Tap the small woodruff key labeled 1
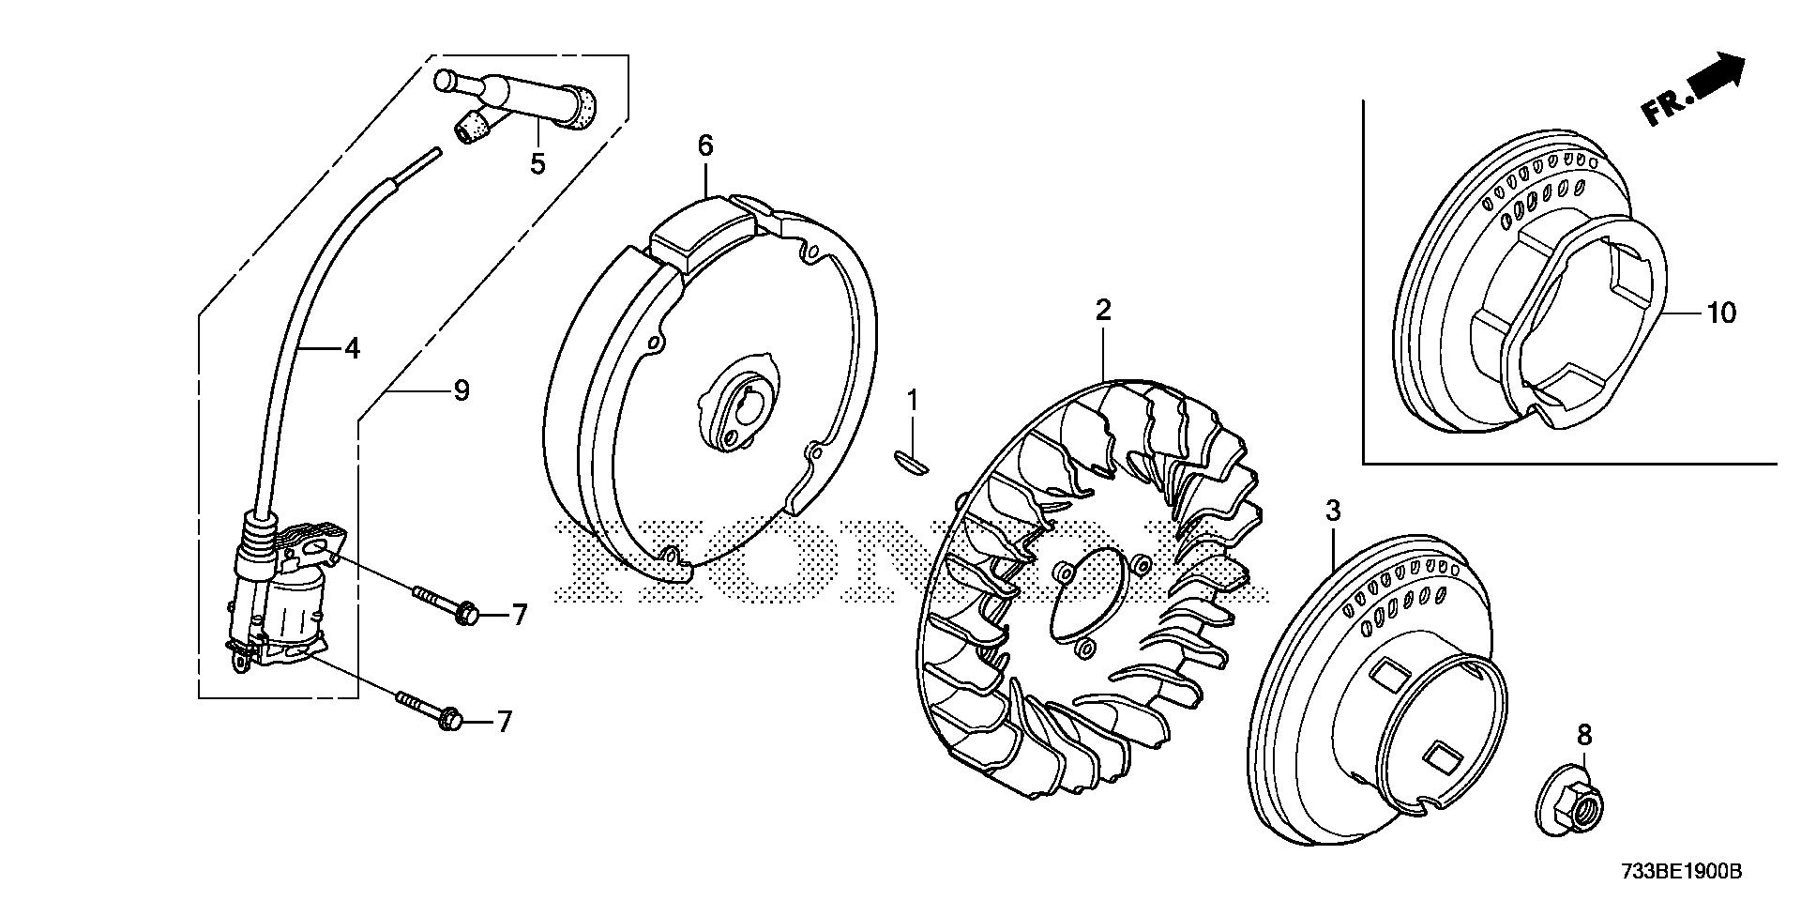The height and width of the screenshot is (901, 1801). pyautogui.click(x=908, y=463)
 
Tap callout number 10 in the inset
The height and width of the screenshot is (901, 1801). pyautogui.click(x=1721, y=313)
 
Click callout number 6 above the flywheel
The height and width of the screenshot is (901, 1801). pyautogui.click(x=705, y=145)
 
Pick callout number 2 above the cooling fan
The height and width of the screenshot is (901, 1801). pyautogui.click(x=1103, y=310)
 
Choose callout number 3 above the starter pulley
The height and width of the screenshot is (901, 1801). pyautogui.click(x=1332, y=512)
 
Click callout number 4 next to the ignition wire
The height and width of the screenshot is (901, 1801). pyautogui.click(x=352, y=349)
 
